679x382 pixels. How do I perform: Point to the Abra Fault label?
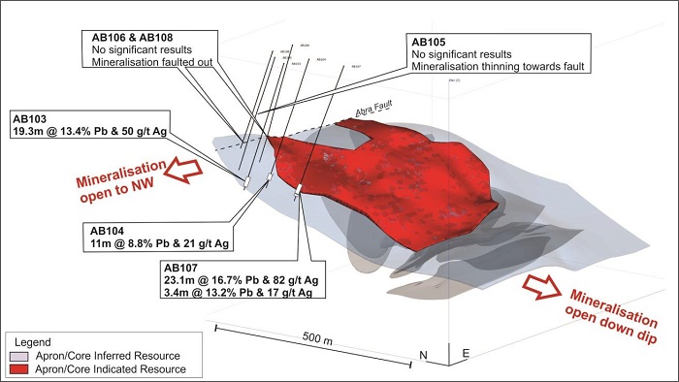tap(379, 111)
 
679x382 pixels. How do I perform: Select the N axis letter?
tap(423, 354)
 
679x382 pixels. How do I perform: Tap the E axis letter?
tap(466, 354)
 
